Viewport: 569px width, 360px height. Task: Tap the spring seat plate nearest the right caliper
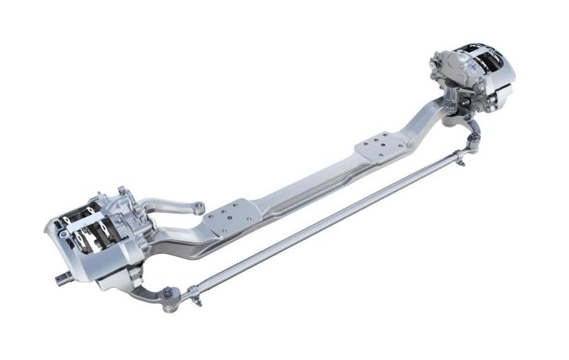pyautogui.click(x=380, y=146)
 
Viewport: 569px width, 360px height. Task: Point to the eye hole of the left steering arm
pyautogui.click(x=199, y=205)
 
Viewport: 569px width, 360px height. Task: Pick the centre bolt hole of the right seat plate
pyautogui.click(x=381, y=146)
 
